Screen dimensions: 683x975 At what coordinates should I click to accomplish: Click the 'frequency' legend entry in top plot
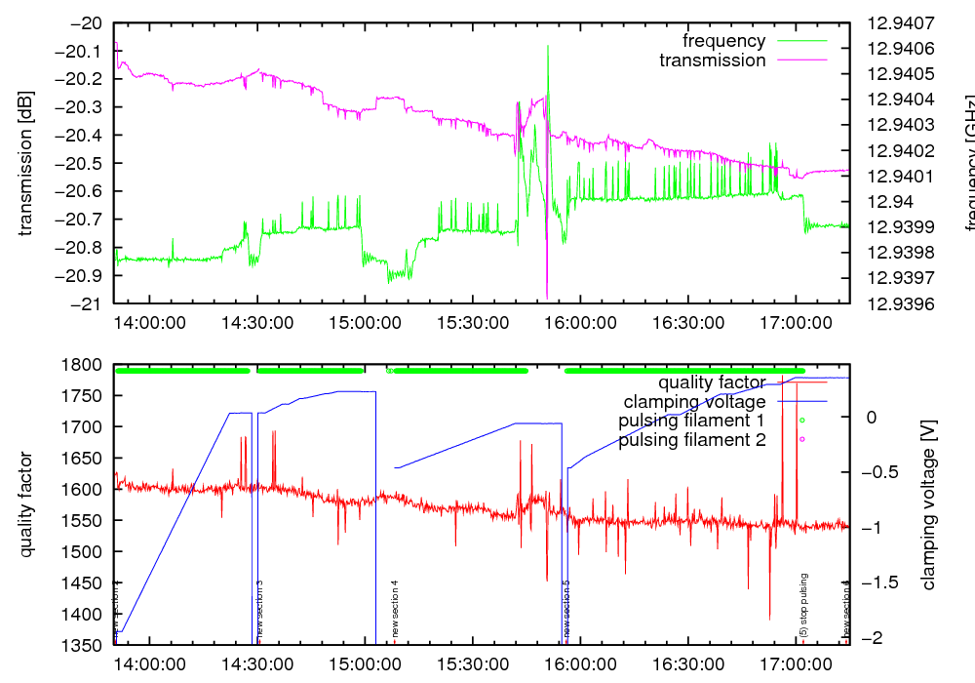723,41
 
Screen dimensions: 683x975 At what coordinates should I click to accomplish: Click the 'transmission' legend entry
712,60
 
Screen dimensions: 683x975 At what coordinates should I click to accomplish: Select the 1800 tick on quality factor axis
85,365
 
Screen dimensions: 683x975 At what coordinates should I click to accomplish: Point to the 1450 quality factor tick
85,583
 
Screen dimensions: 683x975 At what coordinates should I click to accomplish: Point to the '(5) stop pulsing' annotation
804,606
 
